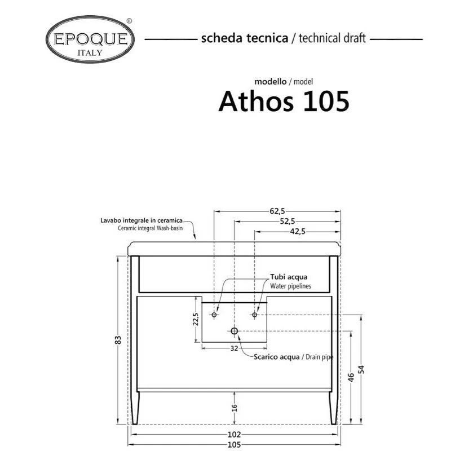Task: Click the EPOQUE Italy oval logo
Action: click(x=90, y=39)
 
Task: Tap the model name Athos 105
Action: click(x=284, y=101)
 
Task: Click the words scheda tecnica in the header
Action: click(x=245, y=38)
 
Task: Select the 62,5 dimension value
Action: click(x=277, y=211)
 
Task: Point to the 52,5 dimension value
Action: click(x=288, y=221)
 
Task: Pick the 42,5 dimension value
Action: click(x=298, y=231)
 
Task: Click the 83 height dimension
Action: click(x=118, y=340)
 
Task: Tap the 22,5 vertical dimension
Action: click(x=196, y=319)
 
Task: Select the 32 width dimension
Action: click(x=234, y=348)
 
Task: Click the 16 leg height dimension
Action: click(x=235, y=408)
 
